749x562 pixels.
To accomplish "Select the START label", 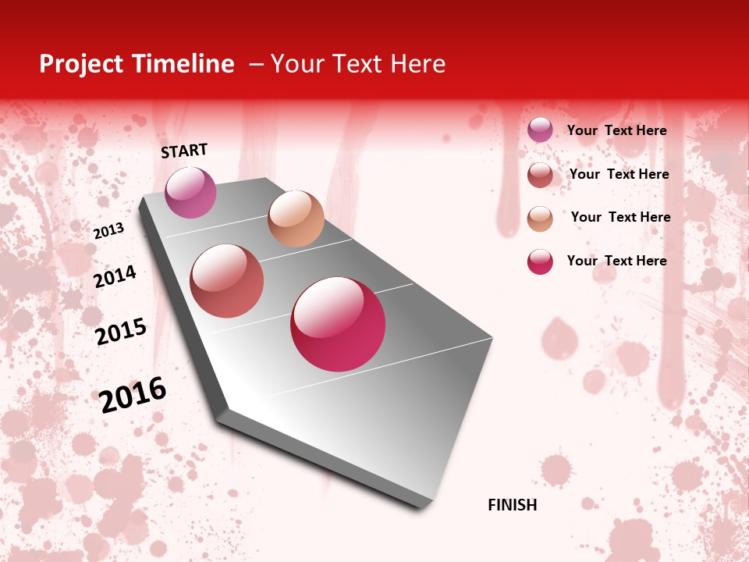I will click(x=184, y=151).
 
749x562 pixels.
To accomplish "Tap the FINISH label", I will click(x=512, y=505).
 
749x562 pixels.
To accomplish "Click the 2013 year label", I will click(x=109, y=230).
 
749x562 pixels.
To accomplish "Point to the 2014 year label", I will click(x=115, y=276).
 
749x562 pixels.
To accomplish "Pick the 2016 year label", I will click(x=133, y=394).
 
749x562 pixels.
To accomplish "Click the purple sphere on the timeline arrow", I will click(x=190, y=192).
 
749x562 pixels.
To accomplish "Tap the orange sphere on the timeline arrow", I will click(x=296, y=219).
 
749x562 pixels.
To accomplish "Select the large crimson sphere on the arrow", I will click(x=338, y=324).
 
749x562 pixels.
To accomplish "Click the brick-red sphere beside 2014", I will click(x=227, y=281).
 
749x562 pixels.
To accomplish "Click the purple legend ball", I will click(x=540, y=130).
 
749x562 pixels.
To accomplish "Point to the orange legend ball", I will click(x=540, y=219).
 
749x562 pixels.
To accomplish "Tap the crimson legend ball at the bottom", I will click(x=540, y=261).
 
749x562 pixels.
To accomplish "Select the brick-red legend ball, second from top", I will click(x=540, y=175).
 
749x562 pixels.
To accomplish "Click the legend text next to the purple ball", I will click(x=616, y=130).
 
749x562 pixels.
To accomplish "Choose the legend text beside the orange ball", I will click(x=620, y=217).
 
